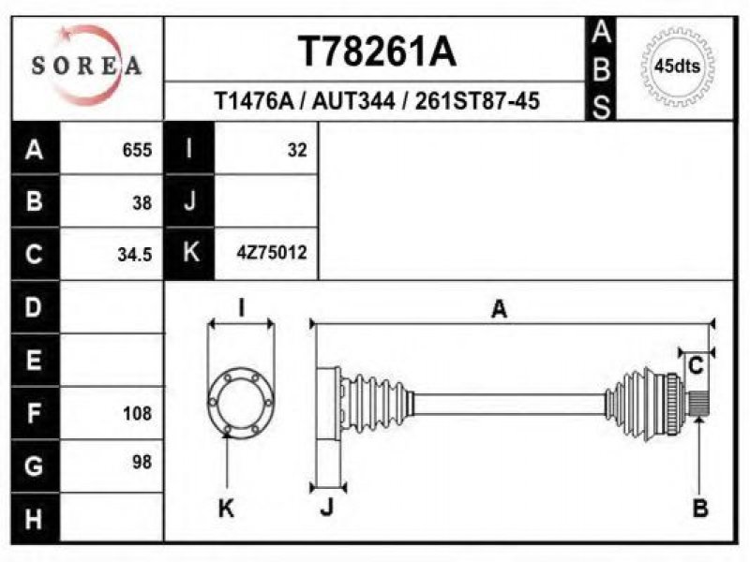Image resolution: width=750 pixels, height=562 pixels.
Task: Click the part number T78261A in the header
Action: pos(377,52)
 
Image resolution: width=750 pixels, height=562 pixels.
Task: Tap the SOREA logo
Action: pos(87,66)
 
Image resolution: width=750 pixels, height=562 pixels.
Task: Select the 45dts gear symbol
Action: pos(677,67)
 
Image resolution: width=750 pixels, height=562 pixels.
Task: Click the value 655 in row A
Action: pos(138,150)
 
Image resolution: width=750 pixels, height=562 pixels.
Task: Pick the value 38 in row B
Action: pos(142,201)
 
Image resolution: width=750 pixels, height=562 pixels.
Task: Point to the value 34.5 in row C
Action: pos(135,254)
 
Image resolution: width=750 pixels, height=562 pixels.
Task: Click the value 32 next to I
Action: pos(297,150)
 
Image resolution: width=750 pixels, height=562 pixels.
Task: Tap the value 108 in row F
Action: pos(137,412)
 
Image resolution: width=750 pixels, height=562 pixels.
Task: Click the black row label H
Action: pos(35,516)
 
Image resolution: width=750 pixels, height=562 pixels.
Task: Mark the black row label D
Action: pos(35,307)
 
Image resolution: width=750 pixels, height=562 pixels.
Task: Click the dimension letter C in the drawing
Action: pos(696,366)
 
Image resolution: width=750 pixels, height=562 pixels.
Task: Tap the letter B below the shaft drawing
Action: pos(699,509)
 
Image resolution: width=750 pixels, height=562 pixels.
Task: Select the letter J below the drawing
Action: pos(326,509)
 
